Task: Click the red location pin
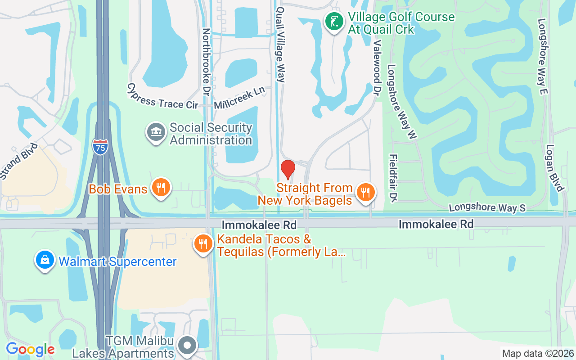coord(288,169)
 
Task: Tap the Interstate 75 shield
coord(100,147)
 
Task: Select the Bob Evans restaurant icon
coord(160,188)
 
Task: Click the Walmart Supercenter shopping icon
coord(45,261)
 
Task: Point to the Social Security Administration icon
coord(156,134)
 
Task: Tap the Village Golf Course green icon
coord(333,22)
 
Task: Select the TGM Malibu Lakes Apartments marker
coord(187,346)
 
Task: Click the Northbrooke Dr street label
coord(207,61)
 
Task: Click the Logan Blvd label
coord(554,167)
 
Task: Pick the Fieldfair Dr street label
coord(394,178)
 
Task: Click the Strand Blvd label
coord(18,162)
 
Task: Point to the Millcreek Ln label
coord(239,98)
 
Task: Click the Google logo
coord(30,349)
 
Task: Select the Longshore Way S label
coord(487,208)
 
